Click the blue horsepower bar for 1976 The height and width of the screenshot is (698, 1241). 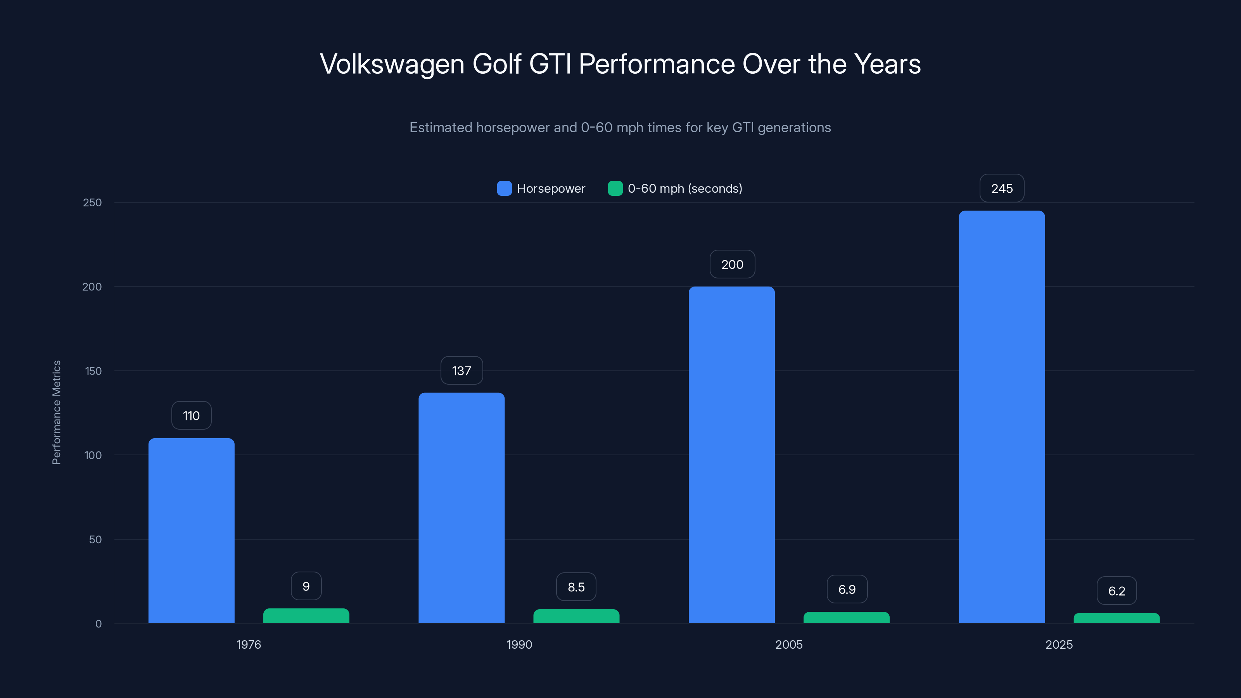(x=191, y=530)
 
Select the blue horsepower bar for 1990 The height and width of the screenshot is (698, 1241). (x=461, y=508)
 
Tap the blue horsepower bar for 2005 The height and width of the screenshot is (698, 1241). (x=731, y=455)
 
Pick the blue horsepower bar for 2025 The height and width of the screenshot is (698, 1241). (x=1002, y=417)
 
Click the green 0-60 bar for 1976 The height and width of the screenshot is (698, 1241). (x=306, y=616)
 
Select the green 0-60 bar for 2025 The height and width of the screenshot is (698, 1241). (x=1116, y=619)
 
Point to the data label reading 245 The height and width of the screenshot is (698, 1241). (x=1002, y=188)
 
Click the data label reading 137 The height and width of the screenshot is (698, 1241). (x=461, y=370)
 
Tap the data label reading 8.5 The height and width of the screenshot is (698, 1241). (x=576, y=587)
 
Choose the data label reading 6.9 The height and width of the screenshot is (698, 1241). (x=847, y=589)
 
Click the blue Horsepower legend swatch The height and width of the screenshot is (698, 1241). (x=504, y=188)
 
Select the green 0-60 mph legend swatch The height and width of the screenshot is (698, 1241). (x=615, y=188)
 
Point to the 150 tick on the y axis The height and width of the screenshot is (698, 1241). (x=93, y=371)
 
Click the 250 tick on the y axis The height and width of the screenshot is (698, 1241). (x=92, y=202)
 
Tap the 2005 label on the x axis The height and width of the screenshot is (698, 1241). (x=789, y=644)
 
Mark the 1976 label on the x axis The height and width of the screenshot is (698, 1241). (x=249, y=644)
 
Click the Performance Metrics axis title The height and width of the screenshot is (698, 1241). (x=56, y=412)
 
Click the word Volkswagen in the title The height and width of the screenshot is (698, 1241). (x=392, y=64)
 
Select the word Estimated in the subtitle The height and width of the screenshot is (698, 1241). (x=440, y=128)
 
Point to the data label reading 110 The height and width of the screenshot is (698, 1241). (x=191, y=416)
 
